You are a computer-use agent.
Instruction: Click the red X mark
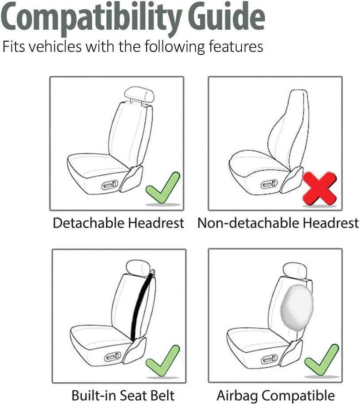[x=320, y=188]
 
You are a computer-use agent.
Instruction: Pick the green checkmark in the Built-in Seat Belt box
[x=163, y=361]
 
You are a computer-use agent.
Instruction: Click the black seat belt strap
[x=142, y=305]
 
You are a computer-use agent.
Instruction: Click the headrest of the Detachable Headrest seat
[x=139, y=93]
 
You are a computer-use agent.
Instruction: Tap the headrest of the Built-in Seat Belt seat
[x=138, y=267]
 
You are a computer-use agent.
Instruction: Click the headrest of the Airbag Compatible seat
[x=295, y=270]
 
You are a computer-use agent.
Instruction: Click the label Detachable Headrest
[x=119, y=223]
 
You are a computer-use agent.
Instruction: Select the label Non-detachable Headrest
[x=278, y=223]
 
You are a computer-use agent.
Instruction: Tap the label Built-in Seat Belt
[x=123, y=395]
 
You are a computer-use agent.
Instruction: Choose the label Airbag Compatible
[x=275, y=395]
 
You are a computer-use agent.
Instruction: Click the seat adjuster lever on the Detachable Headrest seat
[x=109, y=185]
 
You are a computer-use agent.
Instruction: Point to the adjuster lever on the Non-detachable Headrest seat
[x=269, y=184]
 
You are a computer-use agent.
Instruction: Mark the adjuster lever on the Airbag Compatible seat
[x=269, y=359]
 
